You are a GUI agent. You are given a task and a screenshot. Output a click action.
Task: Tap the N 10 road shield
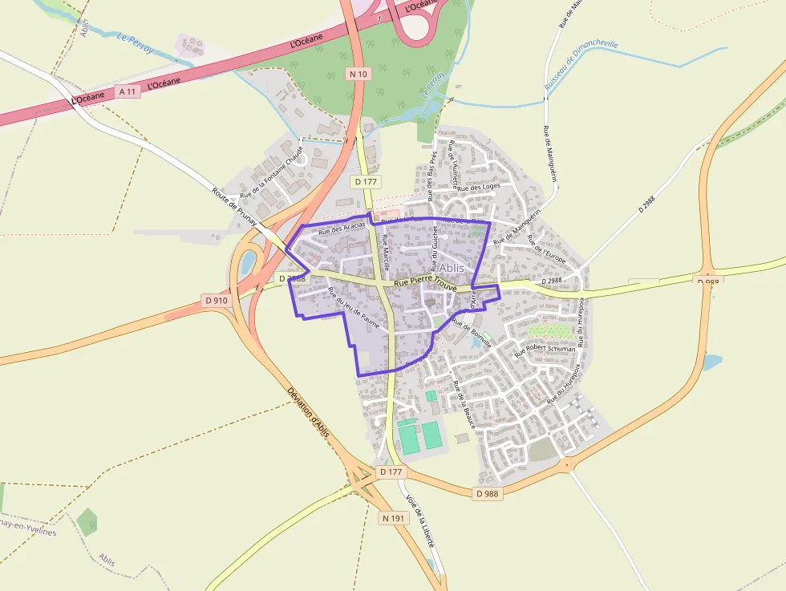358,74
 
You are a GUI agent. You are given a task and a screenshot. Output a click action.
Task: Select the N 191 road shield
394,518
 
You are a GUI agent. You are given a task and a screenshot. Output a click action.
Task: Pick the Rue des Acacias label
342,228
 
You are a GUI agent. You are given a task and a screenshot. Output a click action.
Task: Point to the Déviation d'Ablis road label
309,415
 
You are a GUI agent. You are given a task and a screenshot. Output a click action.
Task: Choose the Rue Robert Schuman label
545,349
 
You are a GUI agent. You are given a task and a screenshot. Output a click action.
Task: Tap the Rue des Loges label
480,187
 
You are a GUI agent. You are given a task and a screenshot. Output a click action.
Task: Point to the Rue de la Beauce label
464,404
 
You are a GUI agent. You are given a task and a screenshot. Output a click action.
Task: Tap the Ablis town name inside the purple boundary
450,267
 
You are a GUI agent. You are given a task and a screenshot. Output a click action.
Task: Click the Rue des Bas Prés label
431,176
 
